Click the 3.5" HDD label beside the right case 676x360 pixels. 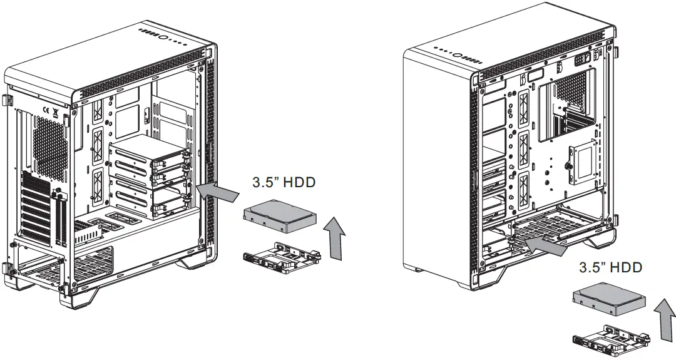610,267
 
